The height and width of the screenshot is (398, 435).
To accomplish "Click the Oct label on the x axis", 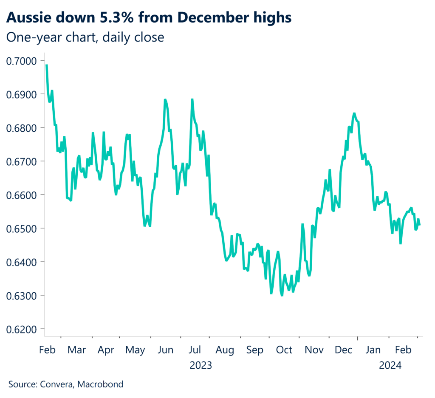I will pos(284,350).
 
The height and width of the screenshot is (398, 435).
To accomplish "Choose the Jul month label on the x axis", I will pos(195,350).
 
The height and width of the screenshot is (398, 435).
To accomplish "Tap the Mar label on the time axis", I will pos(76,350).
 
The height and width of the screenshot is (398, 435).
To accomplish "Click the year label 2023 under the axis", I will pos(201,365).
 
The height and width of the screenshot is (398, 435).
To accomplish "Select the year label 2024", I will pos(390,365).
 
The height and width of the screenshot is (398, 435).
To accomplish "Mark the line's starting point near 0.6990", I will pos(46,65).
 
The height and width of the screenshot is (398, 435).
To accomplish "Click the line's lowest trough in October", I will pos(282,295).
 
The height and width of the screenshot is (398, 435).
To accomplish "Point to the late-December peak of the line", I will pos(354,114).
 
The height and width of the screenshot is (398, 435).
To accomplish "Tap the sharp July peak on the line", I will pos(192,100).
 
